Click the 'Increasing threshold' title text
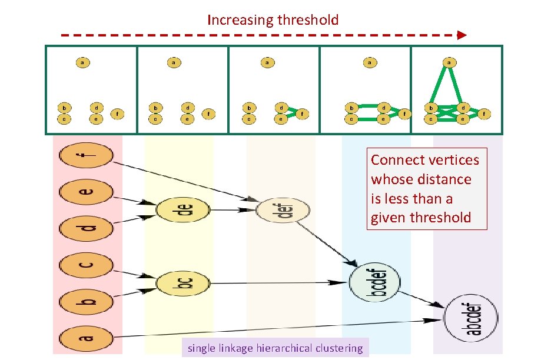pyautogui.click(x=273, y=20)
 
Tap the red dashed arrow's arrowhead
pyautogui.click(x=462, y=35)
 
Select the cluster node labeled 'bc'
pyautogui.click(x=183, y=284)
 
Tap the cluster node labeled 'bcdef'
pyautogui.click(x=374, y=283)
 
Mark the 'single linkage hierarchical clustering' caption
pyautogui.click(x=275, y=348)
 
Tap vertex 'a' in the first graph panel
pyautogui.click(x=83, y=62)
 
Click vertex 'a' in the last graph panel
pyautogui.click(x=449, y=62)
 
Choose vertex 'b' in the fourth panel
pyautogui.click(x=351, y=108)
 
